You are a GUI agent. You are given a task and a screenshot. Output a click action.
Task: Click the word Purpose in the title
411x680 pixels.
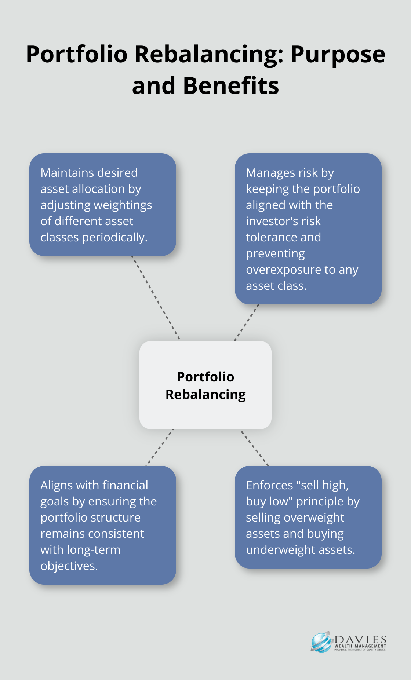pyautogui.click(x=338, y=55)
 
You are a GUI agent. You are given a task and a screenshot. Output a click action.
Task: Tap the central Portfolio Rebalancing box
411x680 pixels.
pyautogui.click(x=205, y=385)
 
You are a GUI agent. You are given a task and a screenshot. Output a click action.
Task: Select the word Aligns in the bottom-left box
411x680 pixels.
pyautogui.click(x=57, y=485)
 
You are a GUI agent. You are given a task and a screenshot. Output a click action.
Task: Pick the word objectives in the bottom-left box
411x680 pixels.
pyautogui.click(x=68, y=566)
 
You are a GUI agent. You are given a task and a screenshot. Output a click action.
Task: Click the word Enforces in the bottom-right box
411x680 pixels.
pyautogui.click(x=269, y=485)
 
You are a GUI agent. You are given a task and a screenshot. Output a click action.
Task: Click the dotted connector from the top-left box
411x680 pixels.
pyautogui.click(x=156, y=297)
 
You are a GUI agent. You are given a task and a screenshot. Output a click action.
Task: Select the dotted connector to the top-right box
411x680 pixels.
pyautogui.click(x=247, y=322)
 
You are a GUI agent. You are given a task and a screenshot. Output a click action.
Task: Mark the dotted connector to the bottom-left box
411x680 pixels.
pyautogui.click(x=160, y=447)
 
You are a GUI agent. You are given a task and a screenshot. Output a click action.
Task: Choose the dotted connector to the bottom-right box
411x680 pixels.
pyautogui.click(x=254, y=447)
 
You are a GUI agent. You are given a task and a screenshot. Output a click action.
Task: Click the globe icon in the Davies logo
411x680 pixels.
pyautogui.click(x=321, y=643)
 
